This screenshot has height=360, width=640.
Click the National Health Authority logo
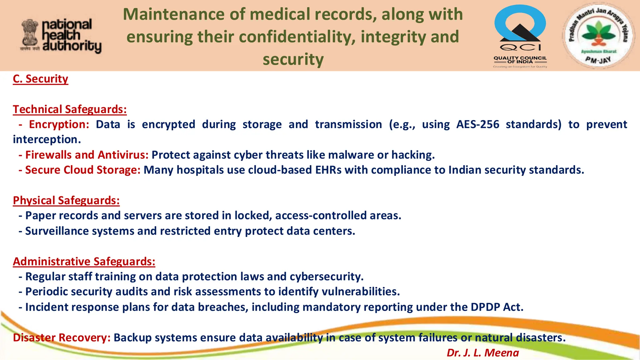61,36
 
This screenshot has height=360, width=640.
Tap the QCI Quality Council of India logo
520,36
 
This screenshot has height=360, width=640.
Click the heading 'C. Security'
40,79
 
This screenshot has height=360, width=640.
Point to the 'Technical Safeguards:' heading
70,109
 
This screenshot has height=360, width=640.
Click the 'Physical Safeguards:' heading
66,201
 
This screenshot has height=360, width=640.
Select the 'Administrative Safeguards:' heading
84,262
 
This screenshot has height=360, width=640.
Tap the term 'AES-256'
477,124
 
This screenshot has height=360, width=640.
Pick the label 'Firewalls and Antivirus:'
87,155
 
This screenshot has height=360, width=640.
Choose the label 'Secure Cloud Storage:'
83,170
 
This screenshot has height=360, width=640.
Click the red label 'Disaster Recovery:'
62,338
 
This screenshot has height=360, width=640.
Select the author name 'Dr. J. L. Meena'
482,353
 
